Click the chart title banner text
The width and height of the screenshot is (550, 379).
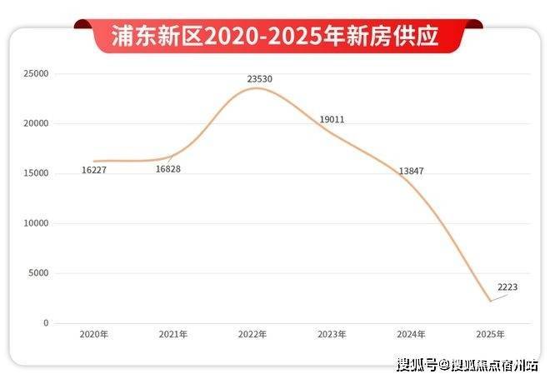pos(275,36)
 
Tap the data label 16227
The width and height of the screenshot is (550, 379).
pos(94,170)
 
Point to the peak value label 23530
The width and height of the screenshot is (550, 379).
pos(259,79)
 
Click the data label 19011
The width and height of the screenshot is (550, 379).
pos(332,119)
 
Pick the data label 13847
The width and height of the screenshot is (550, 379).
pos(412,171)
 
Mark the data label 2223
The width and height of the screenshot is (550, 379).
pos(507,287)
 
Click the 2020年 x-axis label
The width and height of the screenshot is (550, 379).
pos(94,334)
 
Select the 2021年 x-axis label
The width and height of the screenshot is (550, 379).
pos(173,334)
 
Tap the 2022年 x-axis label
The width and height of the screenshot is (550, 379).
pos(252,334)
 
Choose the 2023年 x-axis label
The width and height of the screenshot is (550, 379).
pos(332,334)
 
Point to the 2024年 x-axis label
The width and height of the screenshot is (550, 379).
pos(411,334)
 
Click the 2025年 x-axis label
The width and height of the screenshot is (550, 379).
pos(490,334)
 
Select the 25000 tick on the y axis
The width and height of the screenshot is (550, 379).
pos(37,74)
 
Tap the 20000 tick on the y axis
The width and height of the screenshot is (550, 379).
pos(37,123)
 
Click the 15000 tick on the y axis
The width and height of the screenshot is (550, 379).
pos(37,173)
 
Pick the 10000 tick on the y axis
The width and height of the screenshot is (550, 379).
pos(37,223)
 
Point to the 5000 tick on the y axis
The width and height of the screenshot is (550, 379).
pos(39,273)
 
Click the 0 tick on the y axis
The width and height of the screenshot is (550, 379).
pos(46,323)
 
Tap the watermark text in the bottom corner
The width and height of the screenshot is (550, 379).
pos(467,364)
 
